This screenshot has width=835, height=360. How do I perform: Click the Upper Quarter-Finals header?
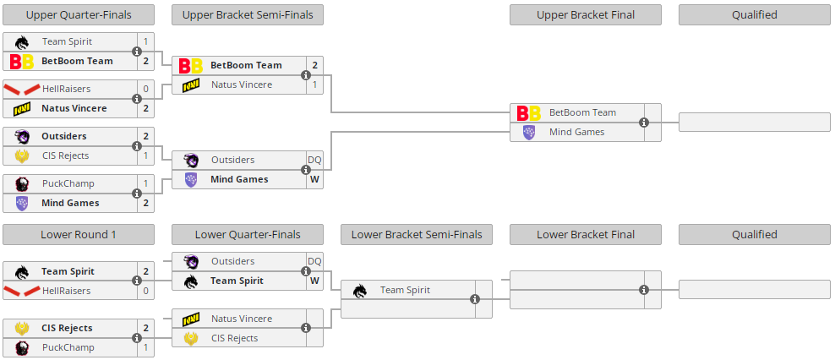(x=79, y=14)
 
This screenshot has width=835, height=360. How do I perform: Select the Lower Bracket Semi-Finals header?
(x=417, y=234)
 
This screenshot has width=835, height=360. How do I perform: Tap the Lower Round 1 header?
(x=79, y=234)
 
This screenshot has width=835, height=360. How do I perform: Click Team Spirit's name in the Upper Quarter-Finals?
(x=67, y=41)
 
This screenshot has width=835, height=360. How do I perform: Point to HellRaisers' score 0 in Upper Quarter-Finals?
(x=145, y=89)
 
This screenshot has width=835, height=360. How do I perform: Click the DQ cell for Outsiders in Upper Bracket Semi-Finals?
(x=314, y=160)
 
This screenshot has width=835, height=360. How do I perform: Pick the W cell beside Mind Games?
(x=314, y=179)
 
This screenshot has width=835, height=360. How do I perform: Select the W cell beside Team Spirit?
(x=314, y=281)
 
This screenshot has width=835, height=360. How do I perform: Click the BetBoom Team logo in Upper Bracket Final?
(x=529, y=112)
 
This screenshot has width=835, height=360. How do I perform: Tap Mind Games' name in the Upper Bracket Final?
(x=576, y=132)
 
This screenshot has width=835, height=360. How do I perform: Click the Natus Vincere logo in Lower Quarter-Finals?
(x=191, y=319)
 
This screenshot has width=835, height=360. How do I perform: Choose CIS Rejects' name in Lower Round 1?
(x=67, y=328)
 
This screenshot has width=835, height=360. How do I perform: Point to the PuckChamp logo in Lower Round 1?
(x=22, y=347)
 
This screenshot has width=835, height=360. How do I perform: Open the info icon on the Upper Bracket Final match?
(x=644, y=123)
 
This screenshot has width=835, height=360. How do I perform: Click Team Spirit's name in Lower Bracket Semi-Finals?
(x=405, y=290)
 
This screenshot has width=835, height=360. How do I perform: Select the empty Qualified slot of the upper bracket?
(x=755, y=122)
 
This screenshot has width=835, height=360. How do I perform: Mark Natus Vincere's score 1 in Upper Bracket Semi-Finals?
(x=314, y=85)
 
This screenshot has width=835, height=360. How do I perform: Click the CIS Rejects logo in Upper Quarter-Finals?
(x=22, y=155)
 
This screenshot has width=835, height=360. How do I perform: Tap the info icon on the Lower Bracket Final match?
(x=644, y=290)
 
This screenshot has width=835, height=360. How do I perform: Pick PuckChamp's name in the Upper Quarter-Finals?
(x=68, y=183)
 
